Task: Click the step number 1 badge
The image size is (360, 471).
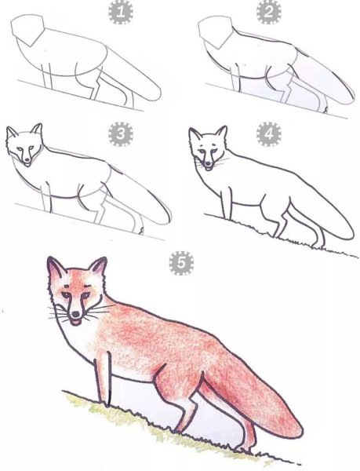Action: pyautogui.click(x=122, y=12)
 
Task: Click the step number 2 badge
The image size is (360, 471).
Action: pyautogui.click(x=269, y=12)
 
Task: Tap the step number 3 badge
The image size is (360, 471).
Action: pyautogui.click(x=120, y=135)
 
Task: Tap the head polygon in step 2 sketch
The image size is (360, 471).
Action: pyautogui.click(x=216, y=33)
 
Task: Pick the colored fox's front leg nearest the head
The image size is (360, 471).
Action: pyautogui.click(x=102, y=377)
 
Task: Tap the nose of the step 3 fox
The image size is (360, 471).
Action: pyautogui.click(x=28, y=161)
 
